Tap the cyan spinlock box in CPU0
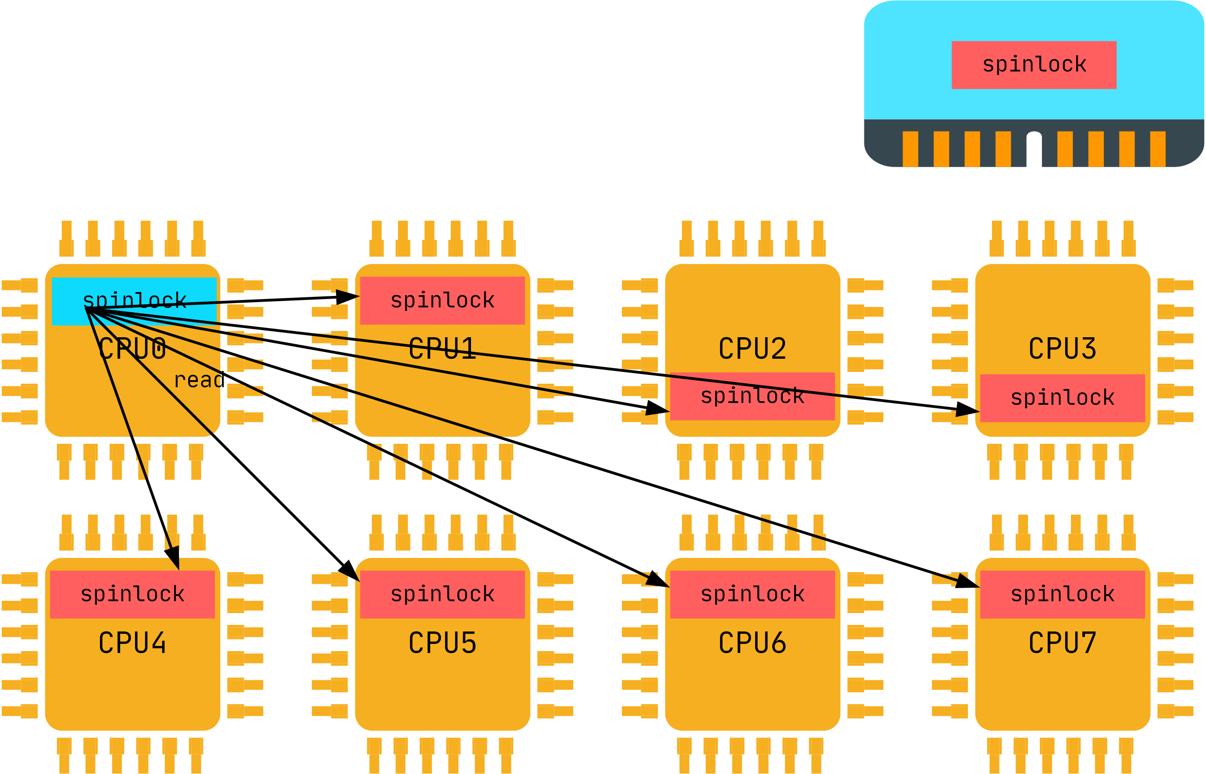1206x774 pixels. [134, 301]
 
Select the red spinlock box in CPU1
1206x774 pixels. [442, 300]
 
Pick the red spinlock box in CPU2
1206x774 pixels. [752, 396]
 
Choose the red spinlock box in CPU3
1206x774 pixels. [1062, 398]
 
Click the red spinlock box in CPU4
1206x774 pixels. [132, 594]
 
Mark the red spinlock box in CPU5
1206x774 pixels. [442, 594]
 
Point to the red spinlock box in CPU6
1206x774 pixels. [752, 594]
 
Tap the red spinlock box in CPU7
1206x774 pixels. [1062, 594]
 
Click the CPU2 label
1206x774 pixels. [752, 349]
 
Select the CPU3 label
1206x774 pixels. [1062, 349]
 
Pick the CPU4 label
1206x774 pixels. [132, 643]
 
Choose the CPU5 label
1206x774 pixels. [442, 643]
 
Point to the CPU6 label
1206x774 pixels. [752, 643]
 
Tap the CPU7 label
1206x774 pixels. [1062, 643]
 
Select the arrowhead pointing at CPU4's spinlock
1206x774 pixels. [173, 558]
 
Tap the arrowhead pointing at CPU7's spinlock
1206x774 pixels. [967, 582]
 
